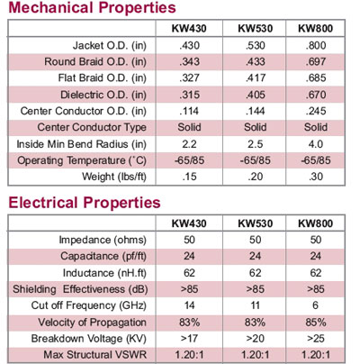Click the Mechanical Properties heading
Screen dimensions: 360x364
[x=92, y=7]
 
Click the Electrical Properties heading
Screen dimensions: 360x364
[x=85, y=203]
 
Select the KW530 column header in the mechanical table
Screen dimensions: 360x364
[x=256, y=29]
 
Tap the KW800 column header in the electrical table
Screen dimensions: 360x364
[x=315, y=223]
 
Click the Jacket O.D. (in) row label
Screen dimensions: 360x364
[x=110, y=46]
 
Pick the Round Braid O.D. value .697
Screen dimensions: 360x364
[x=316, y=62]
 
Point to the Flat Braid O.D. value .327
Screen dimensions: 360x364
[x=189, y=78]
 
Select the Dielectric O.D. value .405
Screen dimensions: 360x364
[x=256, y=95]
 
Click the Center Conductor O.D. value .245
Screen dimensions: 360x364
[x=316, y=111]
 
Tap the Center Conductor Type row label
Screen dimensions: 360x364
[x=92, y=127]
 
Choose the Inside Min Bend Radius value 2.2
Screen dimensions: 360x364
[x=189, y=144]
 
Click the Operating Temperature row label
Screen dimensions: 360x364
[x=82, y=160]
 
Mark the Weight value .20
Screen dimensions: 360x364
[x=256, y=177]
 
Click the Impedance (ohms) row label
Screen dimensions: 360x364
[x=103, y=240]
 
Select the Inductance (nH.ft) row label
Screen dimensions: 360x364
[x=104, y=273]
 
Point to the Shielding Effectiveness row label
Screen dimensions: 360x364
[x=80, y=289]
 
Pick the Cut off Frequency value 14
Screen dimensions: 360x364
[x=189, y=305]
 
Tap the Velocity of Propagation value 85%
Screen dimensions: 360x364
[x=316, y=323]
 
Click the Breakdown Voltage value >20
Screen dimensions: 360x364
[x=256, y=339]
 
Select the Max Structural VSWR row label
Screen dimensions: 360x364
[x=95, y=355]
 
